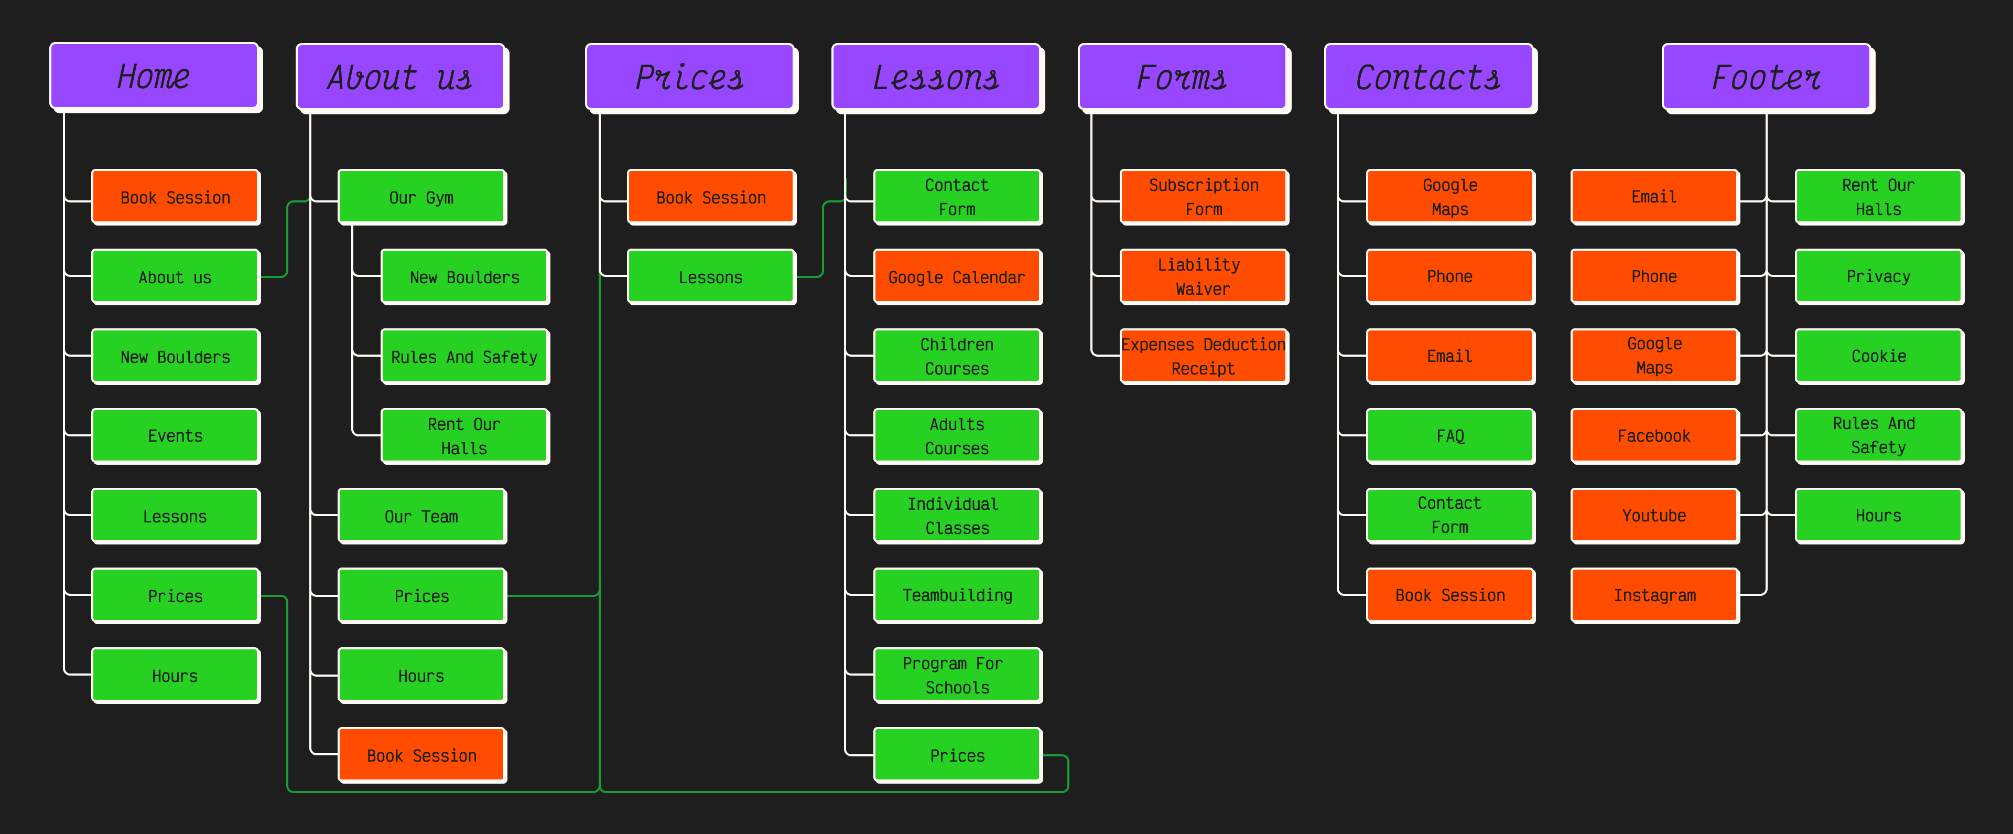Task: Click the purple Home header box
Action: [154, 77]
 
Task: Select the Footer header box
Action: [1766, 78]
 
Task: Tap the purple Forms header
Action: [1182, 78]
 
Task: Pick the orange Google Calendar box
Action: [957, 277]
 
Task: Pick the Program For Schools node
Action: [957, 675]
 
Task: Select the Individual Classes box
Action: [957, 516]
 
